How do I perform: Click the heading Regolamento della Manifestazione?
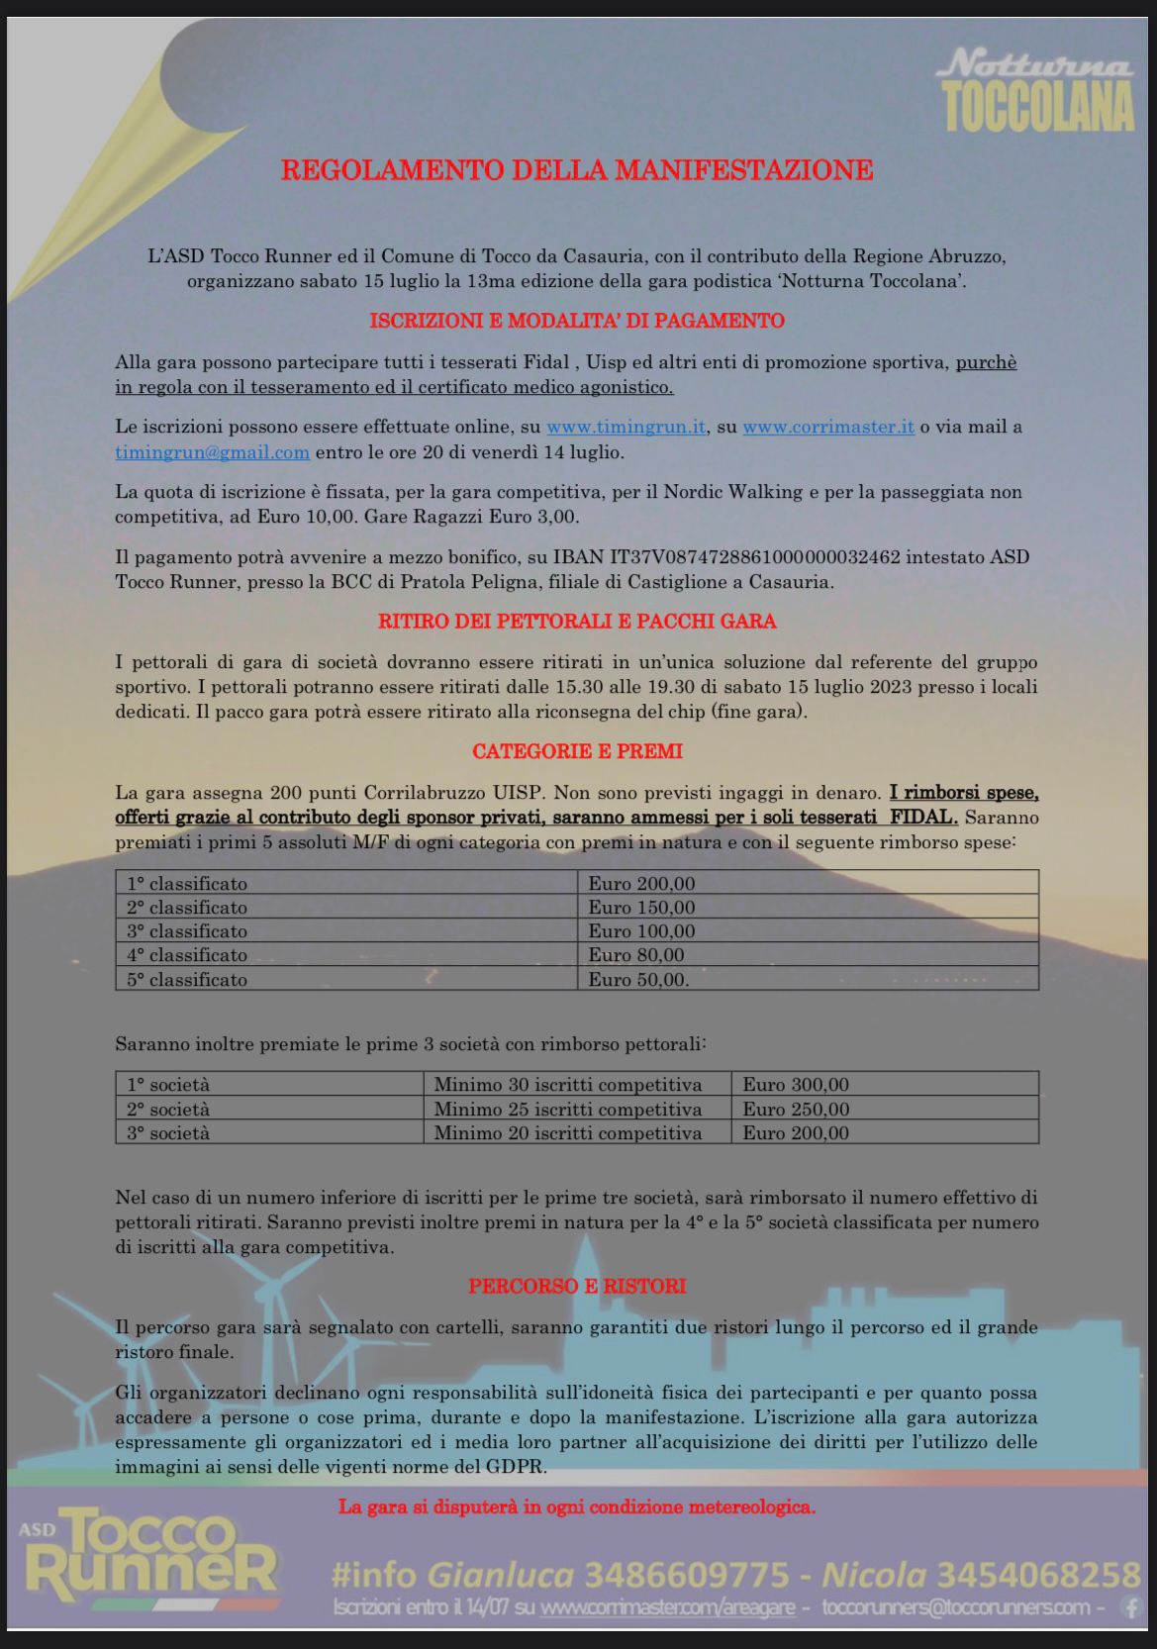pos(577,170)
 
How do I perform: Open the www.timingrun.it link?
pos(626,428)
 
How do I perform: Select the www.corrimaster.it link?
pos(828,428)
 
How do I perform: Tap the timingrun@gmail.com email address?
pos(212,452)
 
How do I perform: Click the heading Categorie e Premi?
pos(577,751)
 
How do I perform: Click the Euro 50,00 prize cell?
pos(638,980)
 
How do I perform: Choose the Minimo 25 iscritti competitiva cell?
pos(567,1110)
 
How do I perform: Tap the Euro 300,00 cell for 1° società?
pos(796,1085)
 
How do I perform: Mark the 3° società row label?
pos(168,1133)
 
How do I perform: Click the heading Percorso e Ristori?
pos(577,1287)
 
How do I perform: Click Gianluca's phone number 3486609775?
pos(688,1574)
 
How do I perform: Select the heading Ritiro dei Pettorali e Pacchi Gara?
pos(577,622)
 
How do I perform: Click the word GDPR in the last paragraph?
pos(517,1467)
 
